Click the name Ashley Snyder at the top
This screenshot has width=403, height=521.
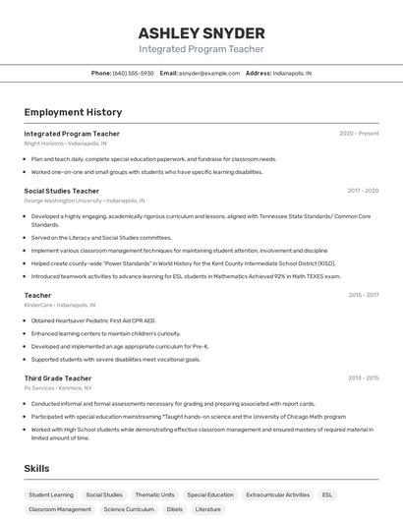tap(201, 32)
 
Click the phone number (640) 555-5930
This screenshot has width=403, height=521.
tap(133, 73)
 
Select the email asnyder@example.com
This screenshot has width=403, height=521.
tap(209, 73)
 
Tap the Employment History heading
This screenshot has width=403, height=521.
tap(73, 112)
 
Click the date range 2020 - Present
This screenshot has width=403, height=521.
tap(359, 134)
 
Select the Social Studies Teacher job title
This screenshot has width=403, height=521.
tap(61, 191)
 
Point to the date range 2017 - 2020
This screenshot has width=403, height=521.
tap(363, 191)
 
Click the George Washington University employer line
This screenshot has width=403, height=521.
tap(85, 201)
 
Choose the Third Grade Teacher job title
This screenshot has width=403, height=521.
tap(58, 378)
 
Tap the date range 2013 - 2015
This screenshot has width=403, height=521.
tap(363, 378)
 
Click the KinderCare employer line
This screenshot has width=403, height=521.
tap(66, 305)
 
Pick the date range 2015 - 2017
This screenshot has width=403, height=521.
tap(363, 295)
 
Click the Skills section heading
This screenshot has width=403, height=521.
tap(37, 469)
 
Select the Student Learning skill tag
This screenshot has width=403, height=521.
tap(51, 495)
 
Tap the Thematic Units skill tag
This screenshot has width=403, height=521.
tap(154, 495)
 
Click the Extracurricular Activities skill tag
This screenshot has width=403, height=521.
tap(277, 495)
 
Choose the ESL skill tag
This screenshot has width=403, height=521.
tap(327, 495)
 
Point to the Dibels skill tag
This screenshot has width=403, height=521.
tap(174, 509)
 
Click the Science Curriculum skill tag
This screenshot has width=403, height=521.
tap(129, 509)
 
